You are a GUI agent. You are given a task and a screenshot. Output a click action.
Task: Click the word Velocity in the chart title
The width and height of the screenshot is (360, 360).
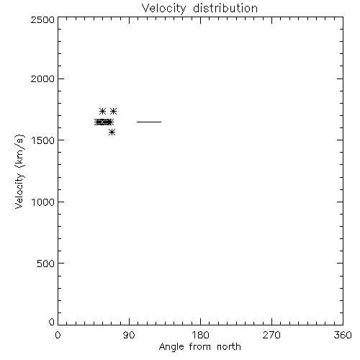[x=163, y=9]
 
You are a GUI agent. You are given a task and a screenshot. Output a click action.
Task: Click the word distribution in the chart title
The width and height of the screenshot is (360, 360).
[x=225, y=8]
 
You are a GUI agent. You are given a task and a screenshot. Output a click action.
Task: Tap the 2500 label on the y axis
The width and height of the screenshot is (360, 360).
[x=42, y=19]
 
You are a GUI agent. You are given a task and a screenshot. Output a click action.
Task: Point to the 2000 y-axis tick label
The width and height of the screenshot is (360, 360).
[x=42, y=78]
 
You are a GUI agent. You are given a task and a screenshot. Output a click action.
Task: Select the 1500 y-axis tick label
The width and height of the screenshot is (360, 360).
[x=43, y=140]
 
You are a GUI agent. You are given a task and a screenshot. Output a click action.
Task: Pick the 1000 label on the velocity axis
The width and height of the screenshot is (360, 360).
[x=43, y=202]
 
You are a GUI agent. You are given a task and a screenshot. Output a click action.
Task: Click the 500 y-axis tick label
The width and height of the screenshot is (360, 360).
[x=46, y=264]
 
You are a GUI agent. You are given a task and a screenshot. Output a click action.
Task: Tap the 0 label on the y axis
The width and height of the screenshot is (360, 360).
[x=52, y=322]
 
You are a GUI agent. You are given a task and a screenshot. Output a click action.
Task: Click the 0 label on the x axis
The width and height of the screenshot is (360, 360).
[x=58, y=335]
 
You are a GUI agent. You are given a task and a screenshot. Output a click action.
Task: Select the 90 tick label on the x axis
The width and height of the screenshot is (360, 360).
[x=129, y=335]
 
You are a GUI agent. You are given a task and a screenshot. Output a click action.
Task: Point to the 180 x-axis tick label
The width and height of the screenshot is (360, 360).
[x=200, y=335]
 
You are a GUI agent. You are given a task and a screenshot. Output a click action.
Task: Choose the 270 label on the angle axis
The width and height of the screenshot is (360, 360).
[x=271, y=335]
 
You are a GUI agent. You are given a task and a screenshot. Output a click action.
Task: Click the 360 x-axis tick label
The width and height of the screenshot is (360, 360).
[x=343, y=335]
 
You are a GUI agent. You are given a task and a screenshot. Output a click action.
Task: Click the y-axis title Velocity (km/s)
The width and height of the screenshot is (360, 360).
[x=19, y=171]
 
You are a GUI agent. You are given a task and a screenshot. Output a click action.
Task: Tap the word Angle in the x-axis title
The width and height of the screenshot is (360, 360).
[x=171, y=347]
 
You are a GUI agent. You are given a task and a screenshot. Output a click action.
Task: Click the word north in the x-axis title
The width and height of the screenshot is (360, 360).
[x=229, y=346]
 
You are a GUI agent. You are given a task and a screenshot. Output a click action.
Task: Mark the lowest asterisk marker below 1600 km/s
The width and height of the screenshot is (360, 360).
[x=112, y=132]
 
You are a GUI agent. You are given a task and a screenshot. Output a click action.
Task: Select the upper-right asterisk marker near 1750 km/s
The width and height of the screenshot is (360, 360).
[x=113, y=112]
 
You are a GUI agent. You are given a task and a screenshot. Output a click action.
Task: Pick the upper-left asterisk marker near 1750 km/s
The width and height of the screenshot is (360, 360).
[x=102, y=112]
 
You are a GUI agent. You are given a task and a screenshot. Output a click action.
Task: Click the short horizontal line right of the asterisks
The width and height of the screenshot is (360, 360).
[x=149, y=122]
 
